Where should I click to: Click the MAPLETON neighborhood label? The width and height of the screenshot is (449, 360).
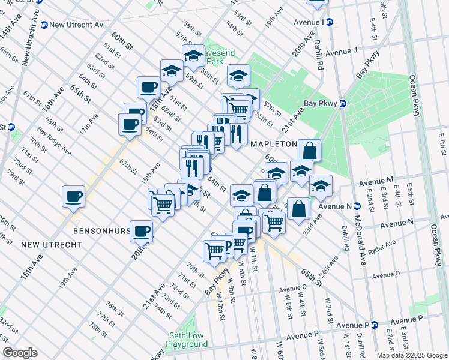click(x=273, y=144)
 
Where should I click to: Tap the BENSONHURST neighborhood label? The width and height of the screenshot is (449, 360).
click(x=100, y=230)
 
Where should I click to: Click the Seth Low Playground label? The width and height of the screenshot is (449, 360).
click(x=187, y=340)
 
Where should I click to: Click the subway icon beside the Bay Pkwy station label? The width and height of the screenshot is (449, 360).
click(x=342, y=103)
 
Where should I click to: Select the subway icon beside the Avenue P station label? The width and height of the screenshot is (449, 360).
click(x=374, y=325)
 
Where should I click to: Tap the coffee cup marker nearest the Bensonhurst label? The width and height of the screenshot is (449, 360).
click(x=142, y=231)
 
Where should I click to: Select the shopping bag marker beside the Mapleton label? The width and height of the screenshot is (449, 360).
click(x=309, y=150)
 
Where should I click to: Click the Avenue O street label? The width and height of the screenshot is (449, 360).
click(x=386, y=275)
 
